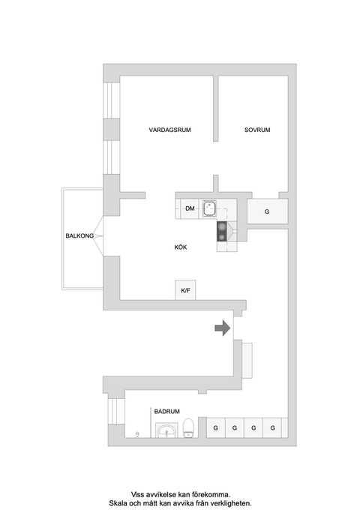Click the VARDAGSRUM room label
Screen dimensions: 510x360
(169, 130)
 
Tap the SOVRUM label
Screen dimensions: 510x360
(256, 130)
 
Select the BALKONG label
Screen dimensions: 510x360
(79, 236)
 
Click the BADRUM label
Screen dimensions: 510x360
(166, 412)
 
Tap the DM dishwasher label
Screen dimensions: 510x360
(190, 209)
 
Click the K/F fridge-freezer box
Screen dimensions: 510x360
(184, 290)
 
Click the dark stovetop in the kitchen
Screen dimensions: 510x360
(223, 232)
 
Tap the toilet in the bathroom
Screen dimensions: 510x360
(189, 427)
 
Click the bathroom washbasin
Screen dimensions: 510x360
(166, 430)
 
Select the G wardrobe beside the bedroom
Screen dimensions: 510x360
(266, 211)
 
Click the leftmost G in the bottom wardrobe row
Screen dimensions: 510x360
(215, 427)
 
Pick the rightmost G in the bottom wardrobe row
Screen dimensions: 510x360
(274, 427)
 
